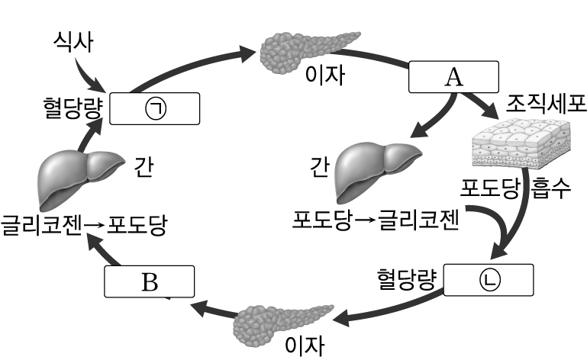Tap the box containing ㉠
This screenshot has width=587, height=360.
click(155, 108)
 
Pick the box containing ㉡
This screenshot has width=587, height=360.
click(488, 280)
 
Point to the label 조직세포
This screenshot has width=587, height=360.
click(547, 103)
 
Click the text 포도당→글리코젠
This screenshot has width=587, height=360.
click(375, 220)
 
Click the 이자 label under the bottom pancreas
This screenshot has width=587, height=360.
click(304, 345)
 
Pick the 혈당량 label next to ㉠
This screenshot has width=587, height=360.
click(73, 108)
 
